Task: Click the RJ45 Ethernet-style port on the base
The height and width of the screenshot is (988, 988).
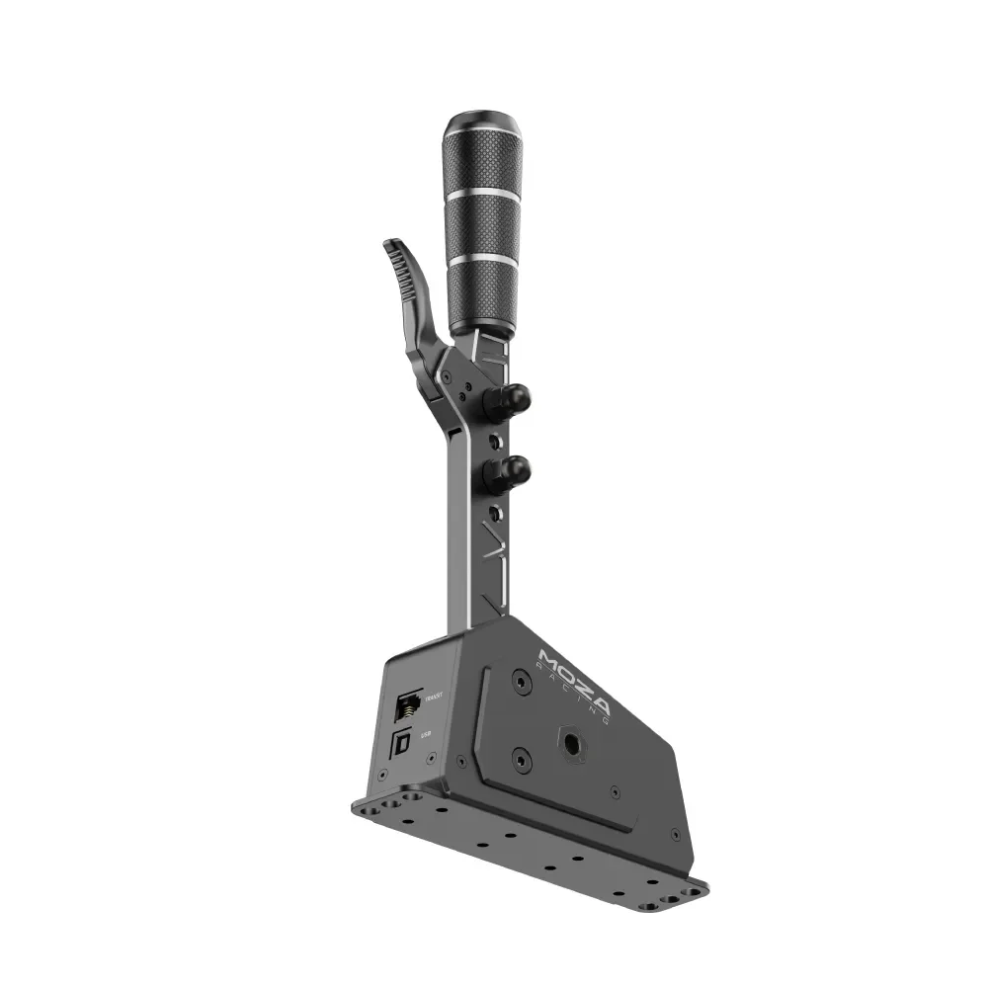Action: (x=406, y=705)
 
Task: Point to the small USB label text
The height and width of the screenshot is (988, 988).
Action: (x=426, y=734)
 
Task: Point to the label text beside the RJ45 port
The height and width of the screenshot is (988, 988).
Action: (x=431, y=698)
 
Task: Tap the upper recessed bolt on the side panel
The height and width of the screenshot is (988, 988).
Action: (x=519, y=683)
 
